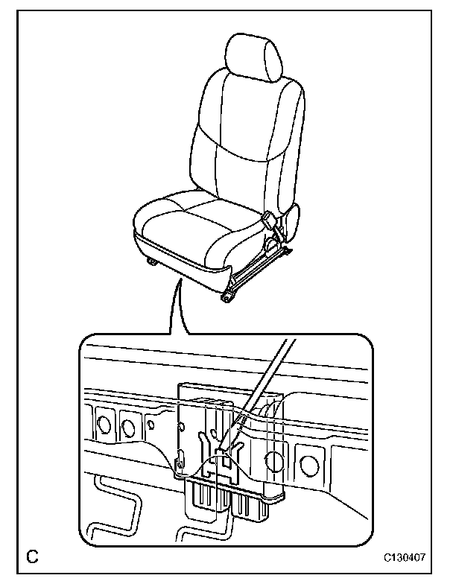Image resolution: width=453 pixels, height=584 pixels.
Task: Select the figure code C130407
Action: coord(406,556)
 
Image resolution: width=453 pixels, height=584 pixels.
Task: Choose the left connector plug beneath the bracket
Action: coord(200,495)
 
